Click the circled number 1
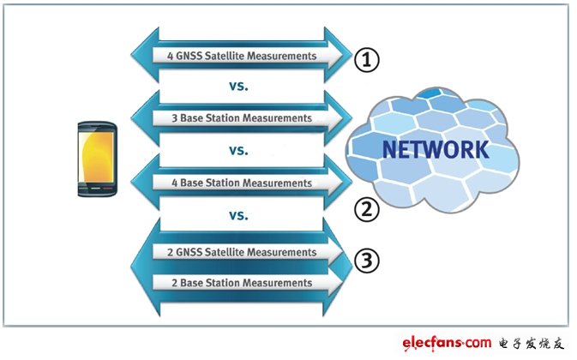[x=366, y=60]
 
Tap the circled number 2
[x=366, y=208]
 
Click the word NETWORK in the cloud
[x=436, y=150]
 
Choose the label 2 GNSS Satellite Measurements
[x=235, y=252]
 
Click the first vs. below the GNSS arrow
[x=239, y=87]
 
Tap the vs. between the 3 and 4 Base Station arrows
[x=239, y=150]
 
